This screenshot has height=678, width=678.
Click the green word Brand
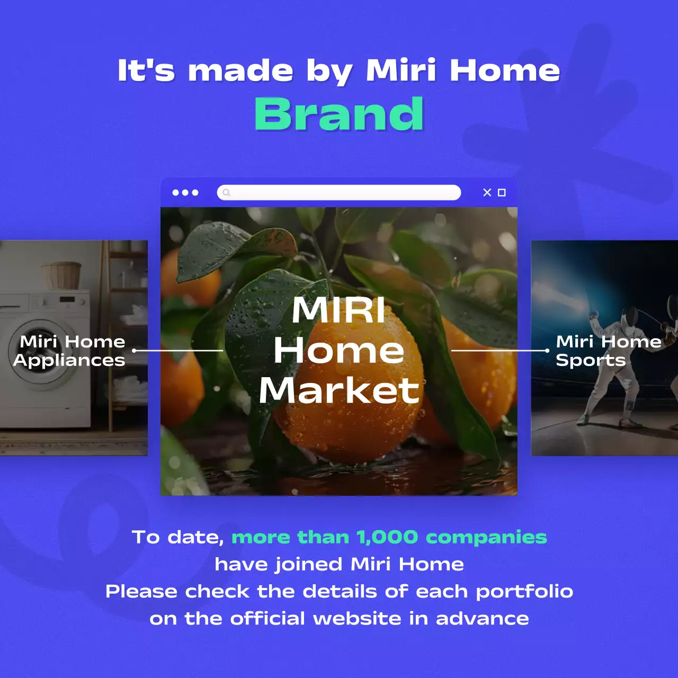click(x=339, y=114)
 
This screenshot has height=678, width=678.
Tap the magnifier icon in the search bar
click(x=227, y=192)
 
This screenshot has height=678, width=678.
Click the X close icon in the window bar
click(x=487, y=192)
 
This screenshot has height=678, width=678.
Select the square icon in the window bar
click(x=502, y=192)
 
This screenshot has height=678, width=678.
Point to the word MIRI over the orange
click(x=339, y=310)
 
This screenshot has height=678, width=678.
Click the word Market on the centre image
click(x=339, y=391)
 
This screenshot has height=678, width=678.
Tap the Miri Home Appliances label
click(x=70, y=351)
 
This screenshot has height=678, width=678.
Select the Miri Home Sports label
click(x=608, y=351)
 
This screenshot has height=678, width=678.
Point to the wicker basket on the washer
click(x=61, y=274)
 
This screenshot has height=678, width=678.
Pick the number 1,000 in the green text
click(x=387, y=537)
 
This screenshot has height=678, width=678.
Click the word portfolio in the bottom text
click(x=524, y=591)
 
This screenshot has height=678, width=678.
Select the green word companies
click(x=486, y=537)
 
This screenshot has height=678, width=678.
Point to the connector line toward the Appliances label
click(x=178, y=350)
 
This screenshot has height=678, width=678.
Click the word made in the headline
click(x=240, y=71)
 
